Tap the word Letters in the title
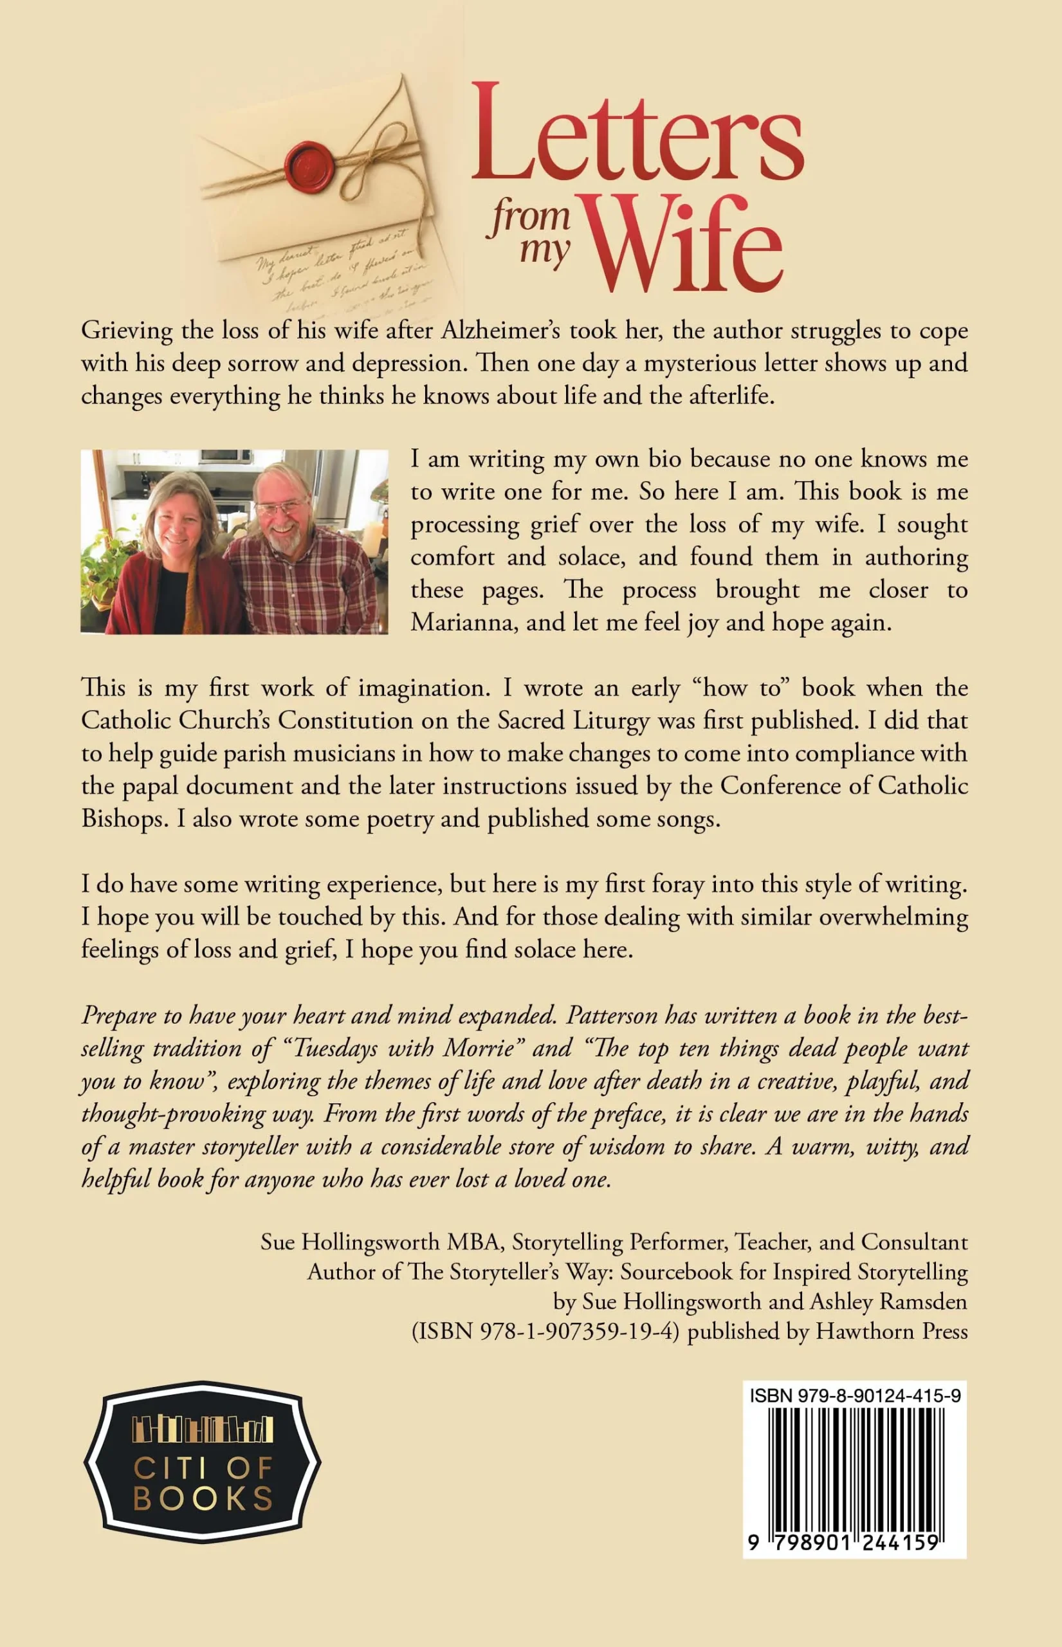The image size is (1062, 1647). click(x=637, y=133)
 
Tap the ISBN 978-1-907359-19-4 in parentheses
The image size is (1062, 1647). click(x=545, y=1331)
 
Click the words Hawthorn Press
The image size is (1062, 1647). click(x=892, y=1331)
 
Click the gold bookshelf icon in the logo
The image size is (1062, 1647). click(x=203, y=1430)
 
